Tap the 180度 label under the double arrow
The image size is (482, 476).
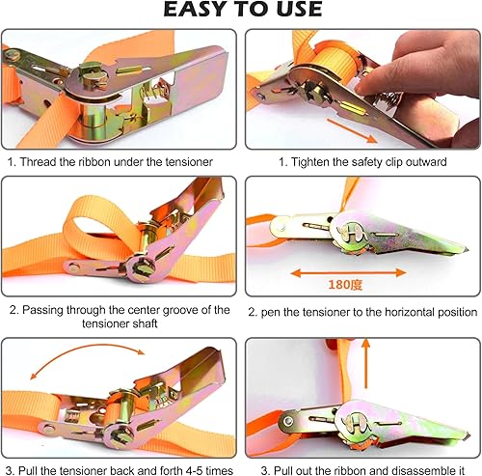point(345,285)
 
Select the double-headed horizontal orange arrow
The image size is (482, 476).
point(348,273)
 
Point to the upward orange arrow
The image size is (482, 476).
point(365,364)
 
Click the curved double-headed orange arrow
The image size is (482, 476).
point(86,349)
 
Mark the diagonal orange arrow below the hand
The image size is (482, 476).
point(352,130)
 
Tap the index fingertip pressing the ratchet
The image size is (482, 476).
point(363,88)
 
